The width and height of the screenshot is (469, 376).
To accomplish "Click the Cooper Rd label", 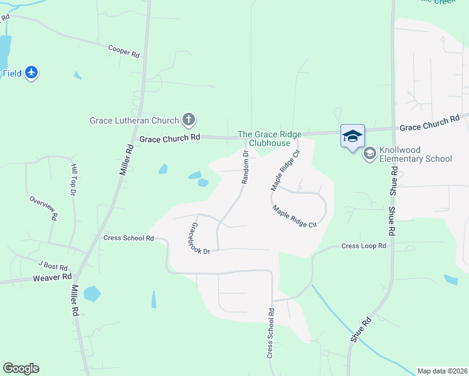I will tap(124, 51).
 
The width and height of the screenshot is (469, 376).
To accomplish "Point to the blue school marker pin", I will tap(352, 136).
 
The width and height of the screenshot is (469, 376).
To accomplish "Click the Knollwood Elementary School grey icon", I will tap(370, 152).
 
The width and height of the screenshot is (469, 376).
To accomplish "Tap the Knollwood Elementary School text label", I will tap(416, 154).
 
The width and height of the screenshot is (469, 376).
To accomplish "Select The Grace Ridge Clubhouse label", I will tap(270, 138).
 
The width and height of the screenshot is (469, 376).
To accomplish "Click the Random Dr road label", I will tap(245, 167).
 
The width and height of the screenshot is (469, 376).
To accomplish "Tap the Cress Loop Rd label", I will tap(364, 246).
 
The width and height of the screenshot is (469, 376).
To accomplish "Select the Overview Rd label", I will tap(43, 208).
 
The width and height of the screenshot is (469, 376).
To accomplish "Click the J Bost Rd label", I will tap(53, 266).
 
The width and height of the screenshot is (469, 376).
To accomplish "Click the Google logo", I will tap(21, 368).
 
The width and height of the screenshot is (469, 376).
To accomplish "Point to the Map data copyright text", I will tap(442, 370).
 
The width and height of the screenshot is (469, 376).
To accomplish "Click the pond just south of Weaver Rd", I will tap(92, 293).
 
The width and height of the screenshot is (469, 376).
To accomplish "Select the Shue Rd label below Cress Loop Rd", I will tap(361, 329).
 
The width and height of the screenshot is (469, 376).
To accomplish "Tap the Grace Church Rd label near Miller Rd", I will tap(169, 137).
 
